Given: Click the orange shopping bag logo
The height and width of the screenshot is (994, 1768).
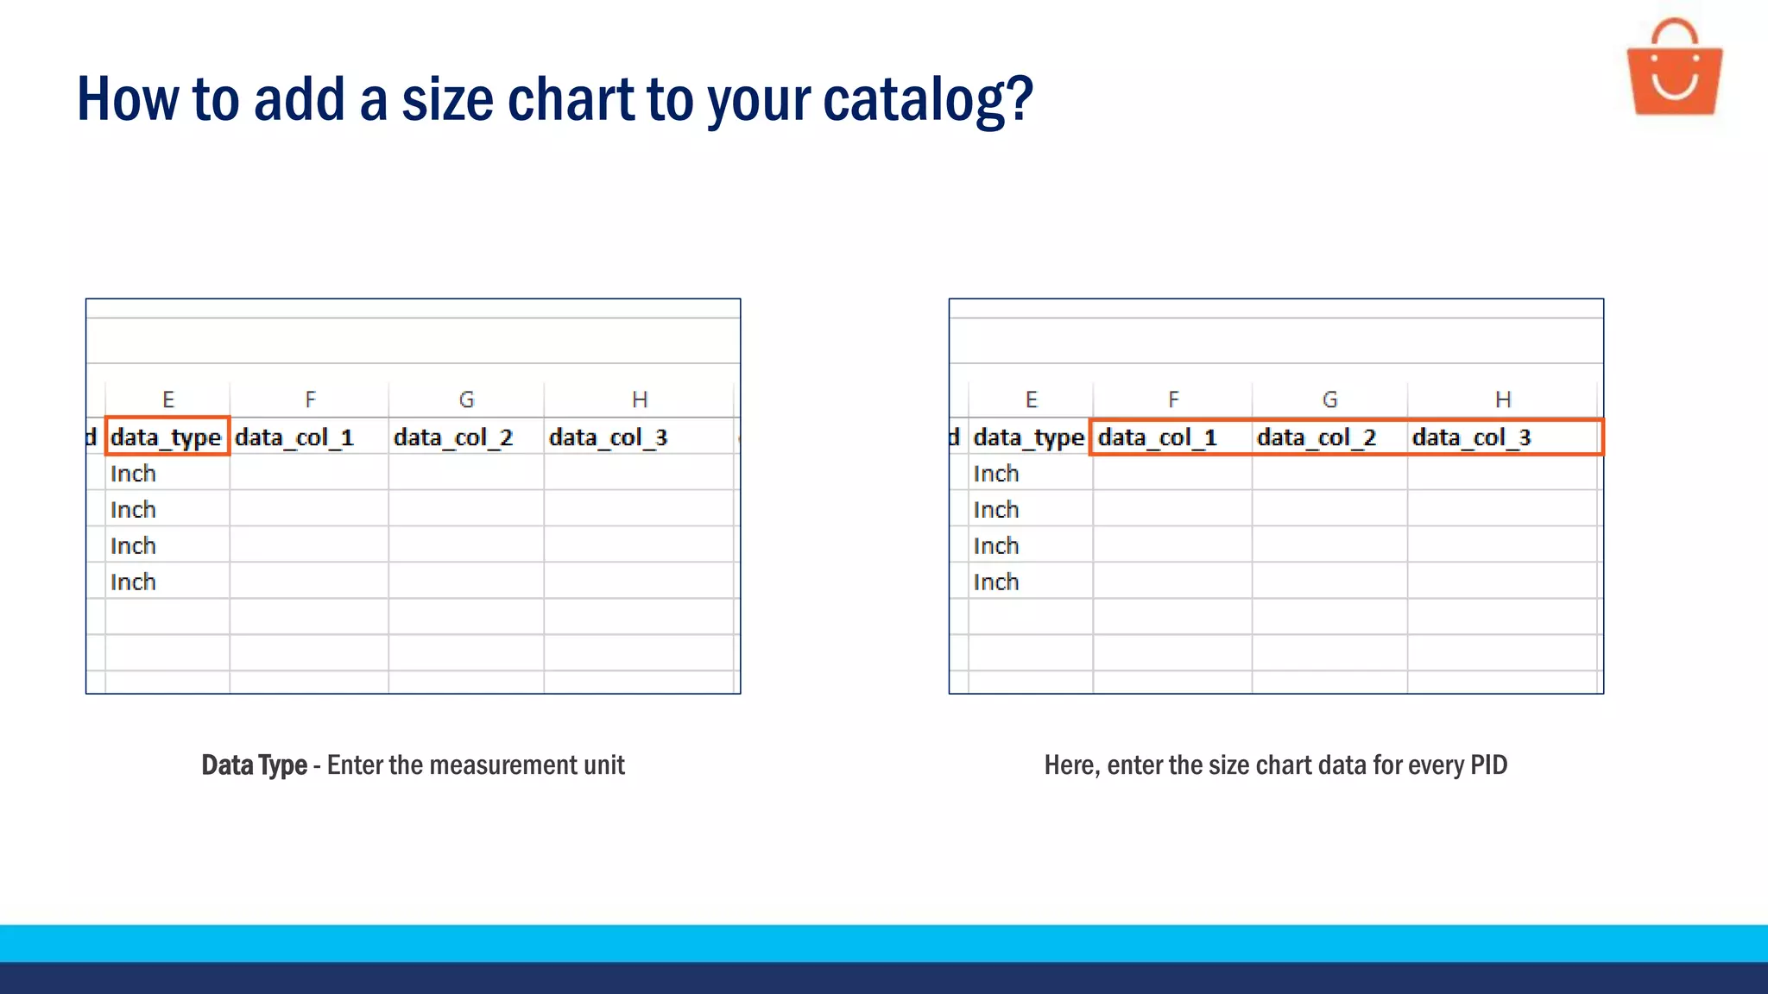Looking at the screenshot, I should [x=1674, y=69].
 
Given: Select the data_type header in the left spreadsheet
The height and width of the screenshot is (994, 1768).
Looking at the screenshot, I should [x=166, y=437].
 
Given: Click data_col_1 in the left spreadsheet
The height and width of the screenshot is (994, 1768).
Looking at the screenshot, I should [x=294, y=437].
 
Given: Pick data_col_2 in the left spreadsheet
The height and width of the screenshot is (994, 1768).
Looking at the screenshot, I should [x=453, y=437].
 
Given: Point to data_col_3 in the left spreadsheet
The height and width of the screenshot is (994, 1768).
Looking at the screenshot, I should [x=608, y=437].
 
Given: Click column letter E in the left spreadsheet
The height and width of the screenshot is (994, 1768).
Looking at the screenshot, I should [x=168, y=399].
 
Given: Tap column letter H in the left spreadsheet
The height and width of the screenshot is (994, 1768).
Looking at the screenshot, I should [x=640, y=399].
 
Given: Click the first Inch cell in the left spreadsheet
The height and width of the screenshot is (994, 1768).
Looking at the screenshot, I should [x=134, y=474].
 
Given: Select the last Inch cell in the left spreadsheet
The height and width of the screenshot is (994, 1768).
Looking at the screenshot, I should [x=134, y=582].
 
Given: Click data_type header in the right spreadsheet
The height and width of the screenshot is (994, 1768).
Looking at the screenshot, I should [x=1028, y=437].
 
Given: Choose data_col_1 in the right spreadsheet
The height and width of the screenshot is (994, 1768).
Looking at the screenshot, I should [x=1158, y=437].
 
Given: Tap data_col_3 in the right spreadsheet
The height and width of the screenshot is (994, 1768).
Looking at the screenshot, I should [x=1471, y=437].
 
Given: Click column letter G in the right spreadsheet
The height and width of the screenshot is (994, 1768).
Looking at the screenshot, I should [x=1329, y=399].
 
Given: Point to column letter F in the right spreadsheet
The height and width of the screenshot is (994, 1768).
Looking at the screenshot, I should [x=1173, y=399].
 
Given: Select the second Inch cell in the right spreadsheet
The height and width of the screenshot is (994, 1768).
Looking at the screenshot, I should [x=996, y=510].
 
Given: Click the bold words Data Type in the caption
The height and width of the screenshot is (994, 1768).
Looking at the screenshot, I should [x=255, y=765].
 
